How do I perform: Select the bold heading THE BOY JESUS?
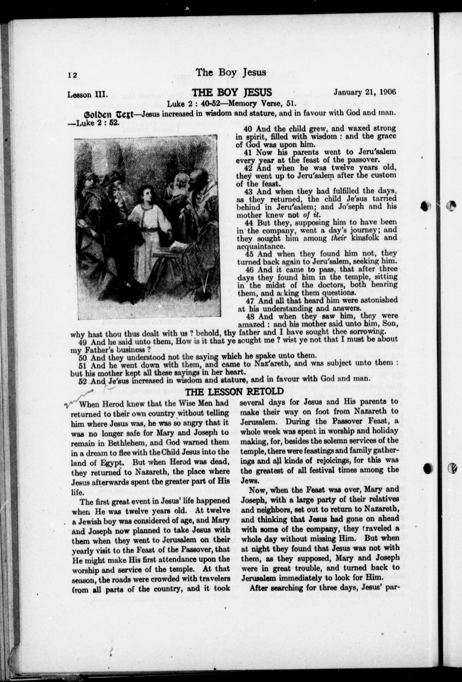[231, 93]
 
